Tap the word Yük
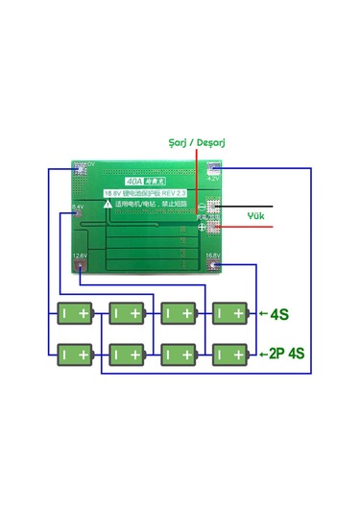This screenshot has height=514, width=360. point(255,215)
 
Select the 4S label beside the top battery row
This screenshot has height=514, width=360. point(280,314)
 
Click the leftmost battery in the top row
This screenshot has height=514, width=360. point(74,314)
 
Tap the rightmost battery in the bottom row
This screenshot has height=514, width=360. point(229,354)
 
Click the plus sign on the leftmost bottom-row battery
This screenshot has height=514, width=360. point(84,355)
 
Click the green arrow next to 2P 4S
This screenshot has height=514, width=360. point(260,354)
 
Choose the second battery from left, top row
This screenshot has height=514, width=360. point(126,314)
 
